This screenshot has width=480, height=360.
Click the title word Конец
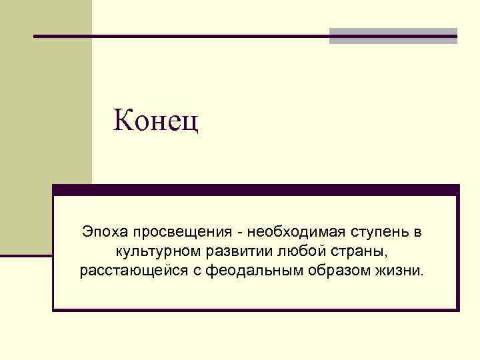click(x=157, y=121)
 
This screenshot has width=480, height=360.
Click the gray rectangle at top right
click(x=393, y=36)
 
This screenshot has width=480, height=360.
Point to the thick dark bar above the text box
click(x=256, y=190)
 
